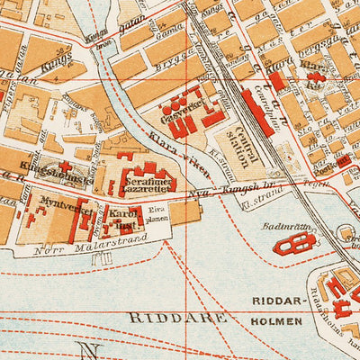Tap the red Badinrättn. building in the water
294,245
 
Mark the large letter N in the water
88,351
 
